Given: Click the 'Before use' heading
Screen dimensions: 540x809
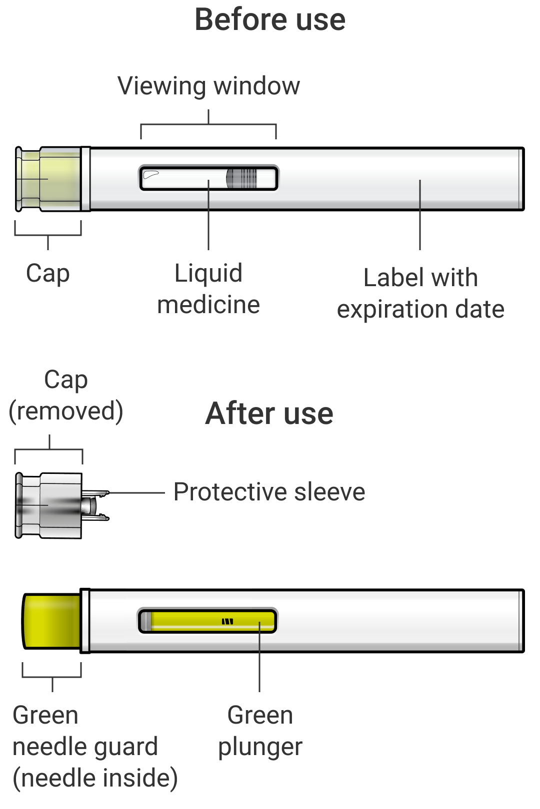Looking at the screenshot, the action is tap(270, 20).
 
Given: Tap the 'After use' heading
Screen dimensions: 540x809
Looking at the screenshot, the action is tap(269, 413).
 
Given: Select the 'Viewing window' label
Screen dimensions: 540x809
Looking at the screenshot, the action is tap(208, 87).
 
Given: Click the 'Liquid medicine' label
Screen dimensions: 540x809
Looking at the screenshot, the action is tap(208, 289).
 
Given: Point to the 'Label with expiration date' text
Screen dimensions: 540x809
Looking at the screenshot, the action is tap(420, 293).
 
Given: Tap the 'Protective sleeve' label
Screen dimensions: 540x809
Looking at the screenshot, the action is tap(269, 492).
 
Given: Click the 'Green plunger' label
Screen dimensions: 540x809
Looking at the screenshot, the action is tap(260, 731).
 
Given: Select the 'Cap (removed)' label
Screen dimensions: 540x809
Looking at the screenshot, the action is tap(66, 396).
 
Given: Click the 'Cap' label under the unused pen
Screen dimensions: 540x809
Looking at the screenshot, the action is tap(47, 274).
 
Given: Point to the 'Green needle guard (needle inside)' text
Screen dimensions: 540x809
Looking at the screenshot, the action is tap(95, 747).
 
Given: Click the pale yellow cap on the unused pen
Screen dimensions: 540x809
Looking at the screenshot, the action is tap(48, 179).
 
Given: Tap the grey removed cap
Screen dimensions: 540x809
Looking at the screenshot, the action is tap(49, 505).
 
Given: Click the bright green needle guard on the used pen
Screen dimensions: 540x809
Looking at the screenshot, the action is tap(51, 621).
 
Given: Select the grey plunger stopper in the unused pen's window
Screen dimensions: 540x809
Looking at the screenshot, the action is tap(241, 178).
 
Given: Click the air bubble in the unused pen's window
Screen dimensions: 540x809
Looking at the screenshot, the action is tap(150, 175).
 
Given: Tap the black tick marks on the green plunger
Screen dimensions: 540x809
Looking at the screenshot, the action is tap(227, 621).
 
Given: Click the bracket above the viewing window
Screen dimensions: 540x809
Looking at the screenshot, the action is tap(208, 124).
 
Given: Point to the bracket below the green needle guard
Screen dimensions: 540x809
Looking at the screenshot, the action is tap(52, 677).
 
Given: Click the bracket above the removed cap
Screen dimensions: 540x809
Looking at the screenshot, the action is tap(49, 449).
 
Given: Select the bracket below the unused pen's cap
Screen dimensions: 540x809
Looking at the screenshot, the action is tap(48, 235).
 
